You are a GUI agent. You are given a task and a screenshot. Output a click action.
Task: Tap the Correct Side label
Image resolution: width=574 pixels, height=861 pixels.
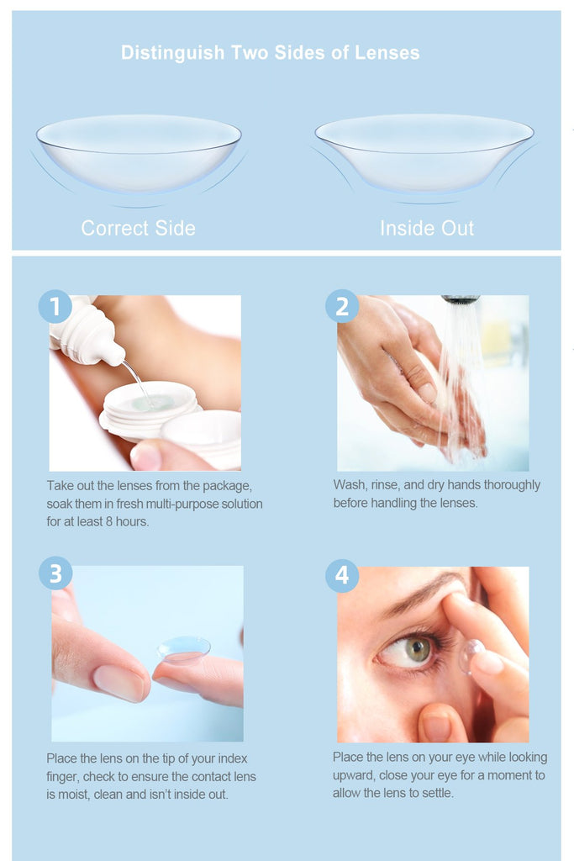(139, 228)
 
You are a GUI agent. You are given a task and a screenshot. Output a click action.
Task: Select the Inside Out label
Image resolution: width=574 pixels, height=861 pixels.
(427, 228)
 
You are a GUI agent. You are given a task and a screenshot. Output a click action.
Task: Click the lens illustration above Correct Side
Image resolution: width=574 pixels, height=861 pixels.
(139, 154)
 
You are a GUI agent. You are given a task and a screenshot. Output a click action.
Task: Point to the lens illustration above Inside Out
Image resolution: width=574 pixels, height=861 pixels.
(424, 154)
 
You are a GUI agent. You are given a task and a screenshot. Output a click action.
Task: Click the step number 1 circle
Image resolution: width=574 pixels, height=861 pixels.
(55, 306)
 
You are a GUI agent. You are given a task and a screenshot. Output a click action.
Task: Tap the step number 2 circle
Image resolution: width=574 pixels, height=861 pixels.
(342, 306)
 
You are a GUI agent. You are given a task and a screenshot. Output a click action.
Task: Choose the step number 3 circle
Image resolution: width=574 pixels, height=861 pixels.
(55, 573)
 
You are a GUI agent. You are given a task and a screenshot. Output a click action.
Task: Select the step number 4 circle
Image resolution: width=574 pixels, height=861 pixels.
(342, 575)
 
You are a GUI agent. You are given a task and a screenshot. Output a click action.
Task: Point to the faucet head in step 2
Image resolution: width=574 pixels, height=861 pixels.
(461, 299)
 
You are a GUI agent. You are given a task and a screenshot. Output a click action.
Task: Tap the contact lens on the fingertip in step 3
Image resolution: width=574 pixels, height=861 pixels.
(183, 650)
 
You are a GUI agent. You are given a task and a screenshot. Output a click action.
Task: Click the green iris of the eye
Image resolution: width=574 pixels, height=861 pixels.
(418, 650)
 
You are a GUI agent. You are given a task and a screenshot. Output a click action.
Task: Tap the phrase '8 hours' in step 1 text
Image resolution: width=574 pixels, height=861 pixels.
(127, 521)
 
